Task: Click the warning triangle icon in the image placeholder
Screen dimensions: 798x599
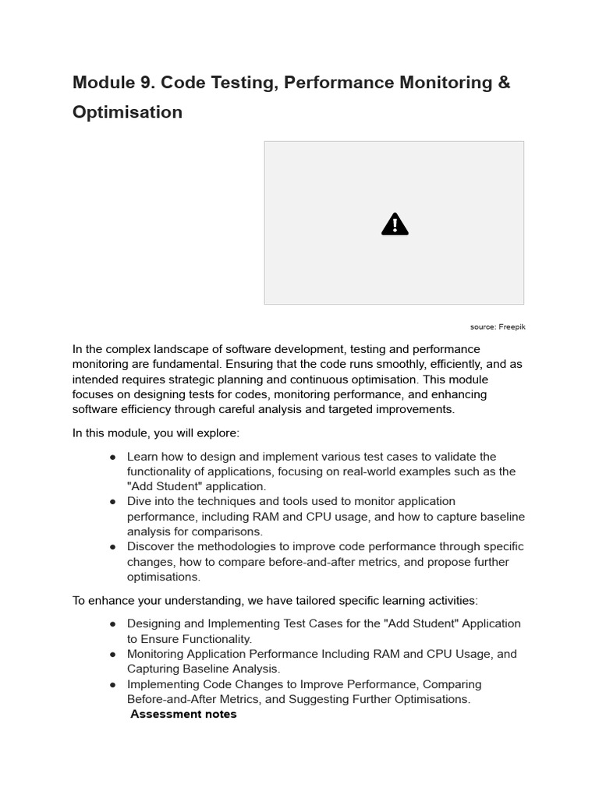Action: [395, 224]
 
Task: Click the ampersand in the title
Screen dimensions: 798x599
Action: [504, 83]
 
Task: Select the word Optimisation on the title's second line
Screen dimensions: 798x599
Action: [127, 112]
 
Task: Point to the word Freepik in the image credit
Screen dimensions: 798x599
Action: [512, 327]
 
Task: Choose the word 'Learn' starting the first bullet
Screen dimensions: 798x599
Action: [143, 457]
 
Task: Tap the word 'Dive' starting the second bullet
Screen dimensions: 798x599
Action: [139, 501]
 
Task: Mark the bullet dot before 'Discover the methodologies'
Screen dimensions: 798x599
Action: [113, 547]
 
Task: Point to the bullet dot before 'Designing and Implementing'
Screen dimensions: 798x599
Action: [113, 624]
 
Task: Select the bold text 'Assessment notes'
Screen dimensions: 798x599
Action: [183, 714]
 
